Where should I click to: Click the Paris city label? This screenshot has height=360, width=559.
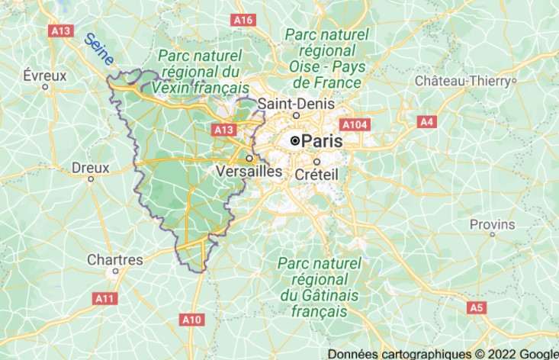point(323,141)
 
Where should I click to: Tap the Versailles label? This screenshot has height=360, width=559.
point(249,172)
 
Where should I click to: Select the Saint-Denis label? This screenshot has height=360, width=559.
point(291,103)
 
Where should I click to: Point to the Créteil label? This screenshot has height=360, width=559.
point(316,175)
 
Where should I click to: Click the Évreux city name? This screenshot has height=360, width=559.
point(45,76)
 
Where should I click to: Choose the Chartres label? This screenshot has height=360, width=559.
point(115,259)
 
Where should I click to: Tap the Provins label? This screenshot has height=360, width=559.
point(492,224)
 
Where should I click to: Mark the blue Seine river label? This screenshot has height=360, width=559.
point(99,49)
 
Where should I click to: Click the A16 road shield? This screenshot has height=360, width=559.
point(243,19)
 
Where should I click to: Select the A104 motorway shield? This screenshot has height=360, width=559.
point(355,124)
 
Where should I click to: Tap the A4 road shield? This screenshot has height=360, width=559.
point(426,121)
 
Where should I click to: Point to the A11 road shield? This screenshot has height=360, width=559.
point(104,298)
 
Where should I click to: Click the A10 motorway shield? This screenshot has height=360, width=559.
point(191,319)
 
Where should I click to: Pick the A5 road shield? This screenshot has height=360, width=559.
point(476,307)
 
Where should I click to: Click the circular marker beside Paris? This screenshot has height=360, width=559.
point(295,141)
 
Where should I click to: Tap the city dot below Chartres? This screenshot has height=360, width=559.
point(116,270)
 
